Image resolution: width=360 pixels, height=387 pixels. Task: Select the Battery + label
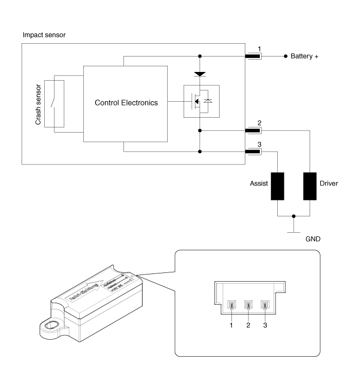tap(304, 56)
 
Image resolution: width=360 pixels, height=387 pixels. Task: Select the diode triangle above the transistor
tap(200, 75)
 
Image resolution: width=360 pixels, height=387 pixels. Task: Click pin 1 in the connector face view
tap(231, 306)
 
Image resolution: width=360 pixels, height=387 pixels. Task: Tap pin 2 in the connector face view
tap(248, 306)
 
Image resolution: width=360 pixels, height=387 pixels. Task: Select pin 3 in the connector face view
tap(265, 306)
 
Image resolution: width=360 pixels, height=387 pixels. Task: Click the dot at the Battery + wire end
tap(285, 56)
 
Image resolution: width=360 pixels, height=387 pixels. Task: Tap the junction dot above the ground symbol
tap(294, 216)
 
